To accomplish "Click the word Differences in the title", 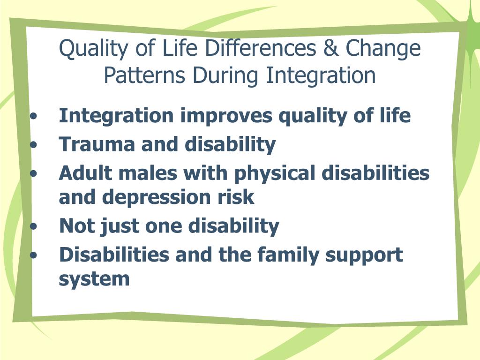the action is click(x=261, y=48).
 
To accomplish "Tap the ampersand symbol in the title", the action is click(x=331, y=48).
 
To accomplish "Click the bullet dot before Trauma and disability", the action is click(x=34, y=144).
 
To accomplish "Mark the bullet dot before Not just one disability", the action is click(x=34, y=226).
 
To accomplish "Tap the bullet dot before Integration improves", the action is click(x=34, y=116).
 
